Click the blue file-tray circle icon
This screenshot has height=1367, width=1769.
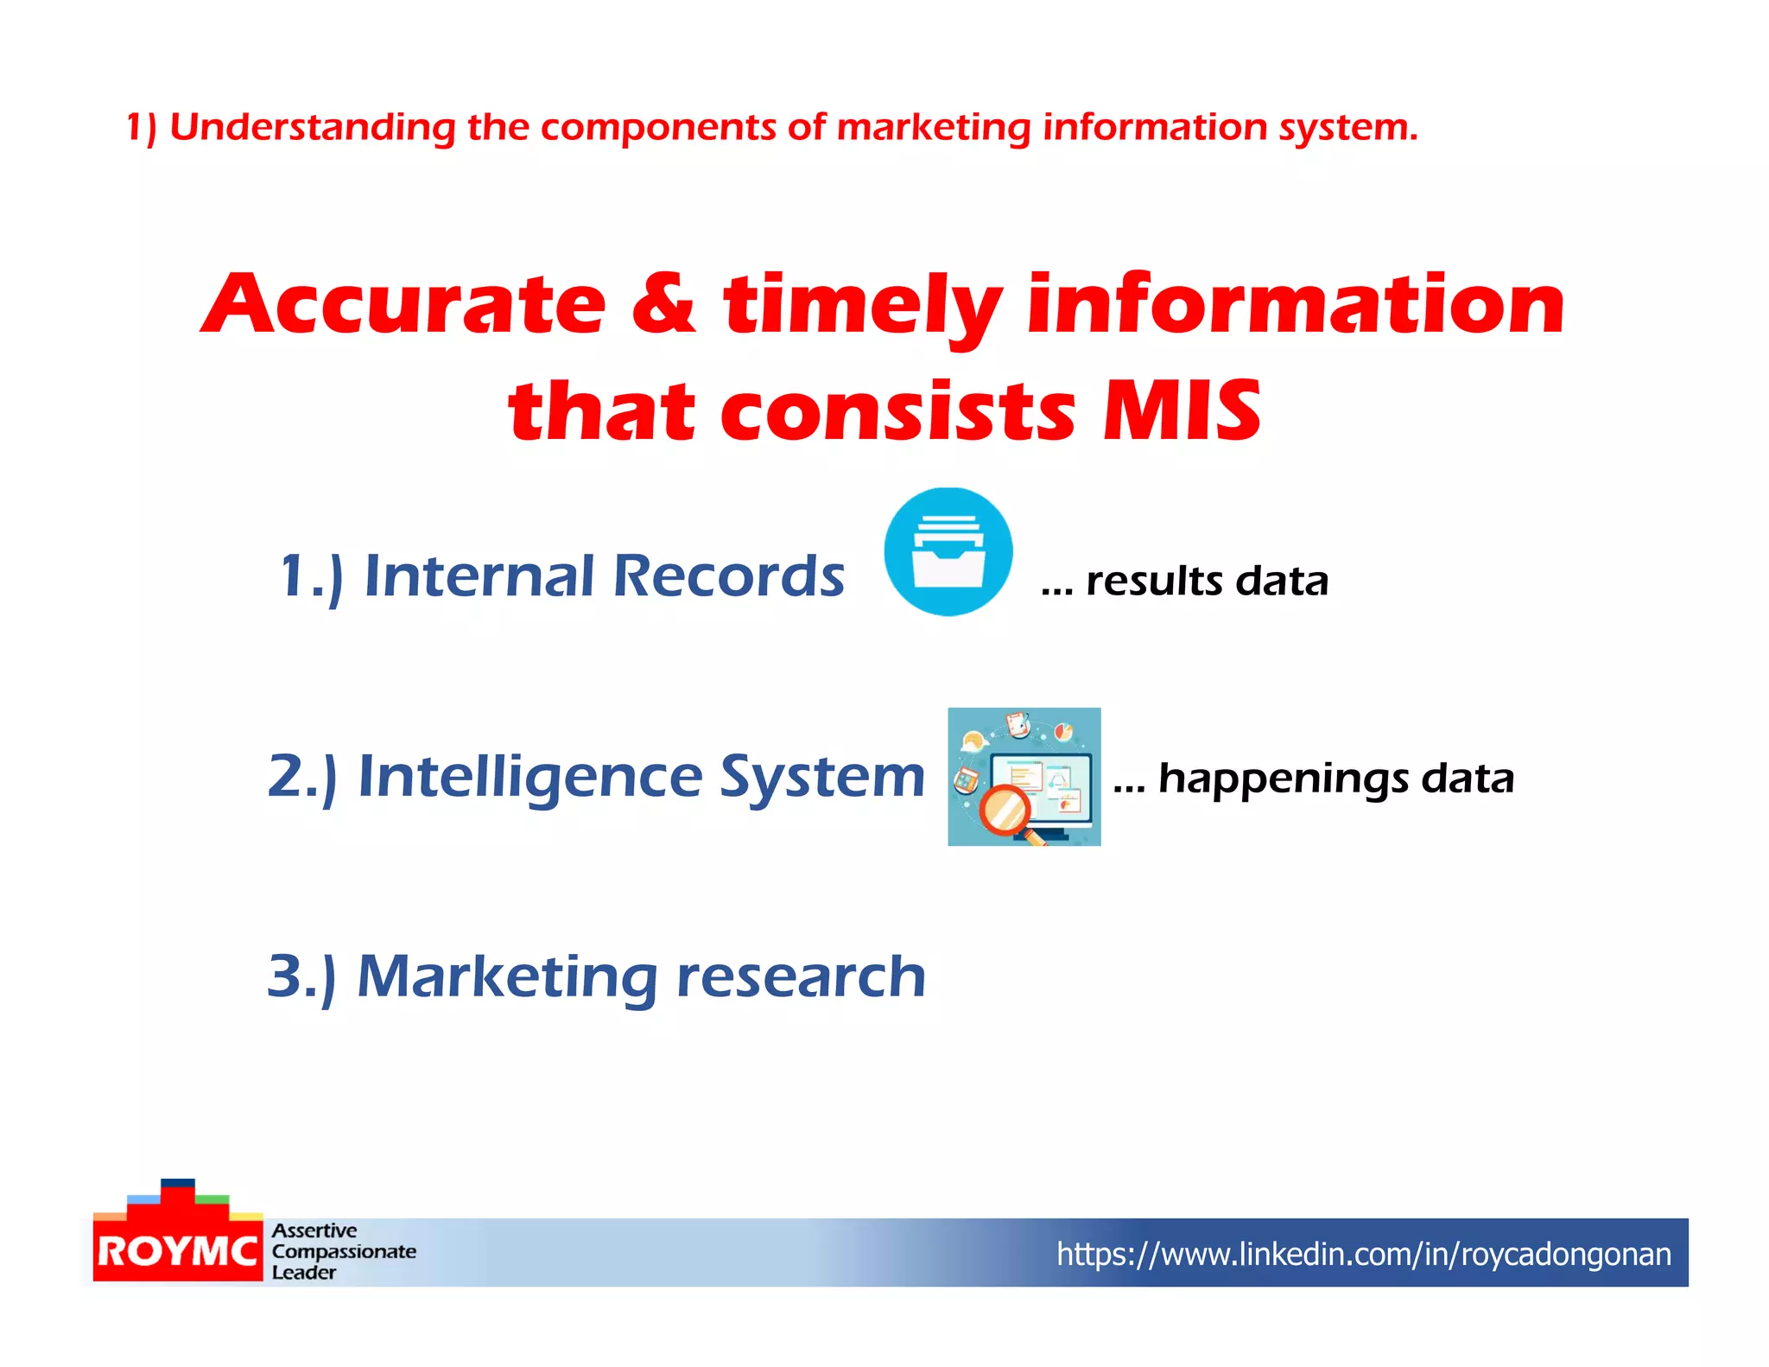(x=948, y=551)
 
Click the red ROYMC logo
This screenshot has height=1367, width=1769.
(x=177, y=1250)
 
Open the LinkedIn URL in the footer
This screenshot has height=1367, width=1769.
(x=1363, y=1254)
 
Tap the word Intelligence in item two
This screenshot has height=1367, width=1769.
(x=530, y=777)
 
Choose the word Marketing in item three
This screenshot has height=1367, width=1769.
(x=508, y=977)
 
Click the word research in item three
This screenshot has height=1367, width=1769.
(x=801, y=977)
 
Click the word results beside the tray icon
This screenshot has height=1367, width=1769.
(x=1154, y=581)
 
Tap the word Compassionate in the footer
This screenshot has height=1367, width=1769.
(x=344, y=1251)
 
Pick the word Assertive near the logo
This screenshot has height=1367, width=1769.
(x=314, y=1230)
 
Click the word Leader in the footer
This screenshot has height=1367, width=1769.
(x=304, y=1272)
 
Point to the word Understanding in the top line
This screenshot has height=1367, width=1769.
(x=312, y=128)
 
